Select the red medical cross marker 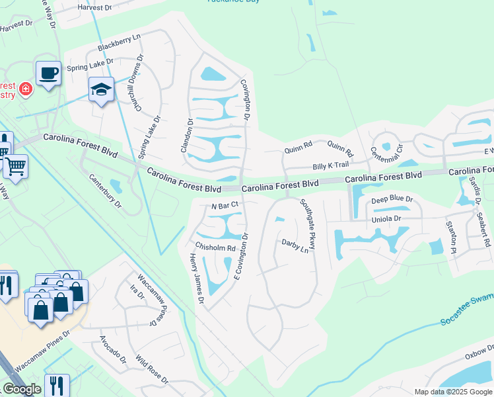click(26, 89)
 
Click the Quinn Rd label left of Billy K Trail click(298, 150)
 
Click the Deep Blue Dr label click(392, 199)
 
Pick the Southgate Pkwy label click(308, 224)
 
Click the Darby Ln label click(295, 246)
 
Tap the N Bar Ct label click(224, 206)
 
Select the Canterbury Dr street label click(106, 191)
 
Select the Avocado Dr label click(113, 350)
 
